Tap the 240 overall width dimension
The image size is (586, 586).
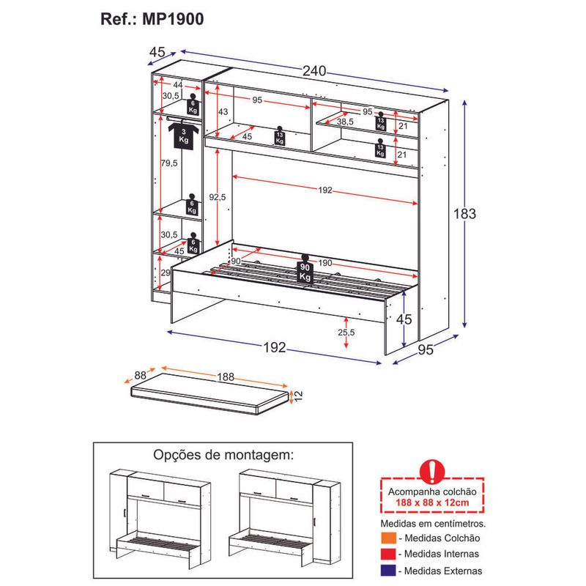314,71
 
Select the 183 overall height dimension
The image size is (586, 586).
465,214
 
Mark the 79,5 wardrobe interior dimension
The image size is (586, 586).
169,163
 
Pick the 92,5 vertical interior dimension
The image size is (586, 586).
217,197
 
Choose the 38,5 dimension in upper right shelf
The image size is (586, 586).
357,122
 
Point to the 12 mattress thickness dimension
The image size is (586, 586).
297,396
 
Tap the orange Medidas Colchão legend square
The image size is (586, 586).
388,539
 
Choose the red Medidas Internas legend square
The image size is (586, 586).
388,555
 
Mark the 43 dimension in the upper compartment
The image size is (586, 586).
223,111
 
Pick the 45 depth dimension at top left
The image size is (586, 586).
156,52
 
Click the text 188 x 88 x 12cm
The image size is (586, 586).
434,504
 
